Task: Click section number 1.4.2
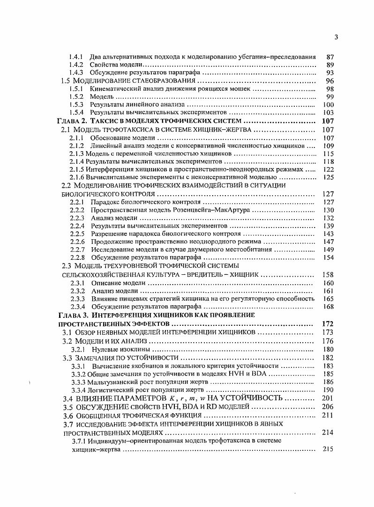[76, 65]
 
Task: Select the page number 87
[329, 57]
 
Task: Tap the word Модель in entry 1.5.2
[102, 97]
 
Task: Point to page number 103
[328, 113]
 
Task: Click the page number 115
[328, 154]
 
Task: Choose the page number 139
[328, 226]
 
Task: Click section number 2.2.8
[77, 258]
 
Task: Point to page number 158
[328, 274]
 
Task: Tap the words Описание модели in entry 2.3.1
[117, 283]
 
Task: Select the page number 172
[328, 324]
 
